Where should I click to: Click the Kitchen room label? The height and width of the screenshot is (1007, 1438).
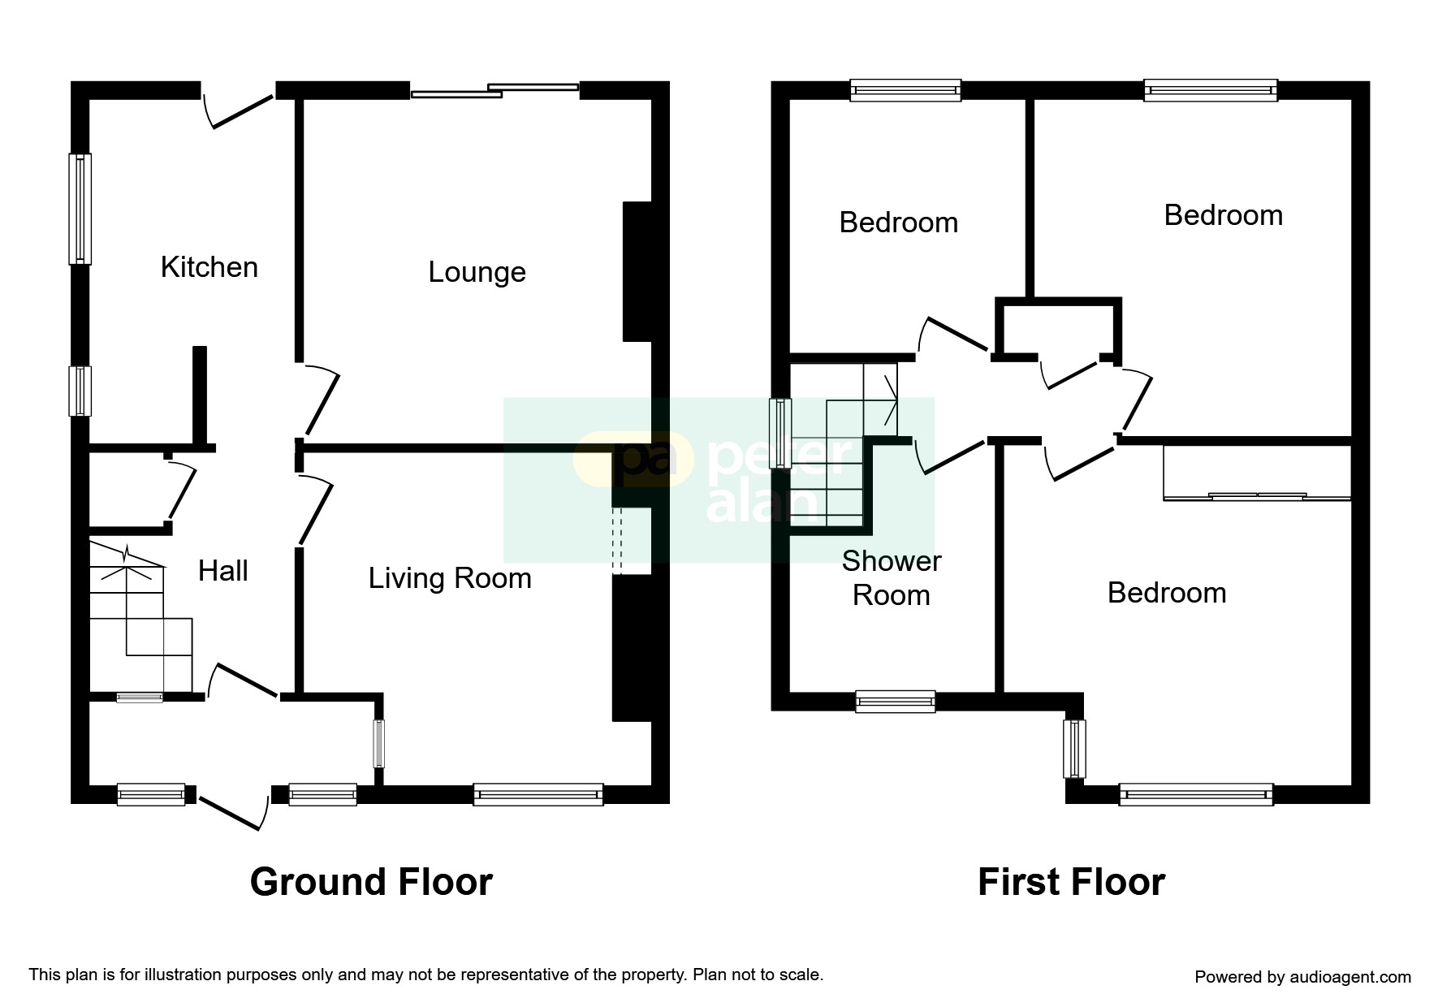209,267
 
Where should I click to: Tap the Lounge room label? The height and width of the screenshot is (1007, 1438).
477,272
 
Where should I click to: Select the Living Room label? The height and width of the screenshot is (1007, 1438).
450,578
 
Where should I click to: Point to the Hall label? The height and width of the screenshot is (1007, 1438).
222,571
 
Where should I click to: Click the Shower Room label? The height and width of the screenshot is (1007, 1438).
891,578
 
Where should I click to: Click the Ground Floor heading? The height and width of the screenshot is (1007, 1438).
371,882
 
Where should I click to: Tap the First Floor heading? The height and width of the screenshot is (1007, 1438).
1071,882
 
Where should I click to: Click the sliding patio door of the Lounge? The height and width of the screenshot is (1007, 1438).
494,90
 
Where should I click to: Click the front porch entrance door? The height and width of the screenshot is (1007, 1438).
231,813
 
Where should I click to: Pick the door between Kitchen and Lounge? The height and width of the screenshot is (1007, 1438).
322,402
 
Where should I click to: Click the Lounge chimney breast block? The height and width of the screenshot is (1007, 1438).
638,271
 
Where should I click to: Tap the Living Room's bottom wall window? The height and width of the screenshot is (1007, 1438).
538,794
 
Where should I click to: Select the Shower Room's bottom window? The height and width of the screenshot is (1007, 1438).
895,702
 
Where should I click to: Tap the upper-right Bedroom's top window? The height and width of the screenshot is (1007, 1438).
1210,90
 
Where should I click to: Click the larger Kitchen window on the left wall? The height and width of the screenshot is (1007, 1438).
80,209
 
